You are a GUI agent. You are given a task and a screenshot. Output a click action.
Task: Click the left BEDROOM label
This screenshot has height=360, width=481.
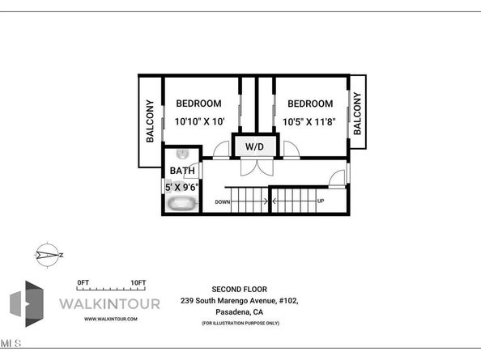pos(199,104)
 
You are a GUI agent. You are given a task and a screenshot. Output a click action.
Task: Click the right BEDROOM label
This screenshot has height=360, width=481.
pos(310,104)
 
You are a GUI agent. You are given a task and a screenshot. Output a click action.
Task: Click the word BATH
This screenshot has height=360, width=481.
pos(181,171)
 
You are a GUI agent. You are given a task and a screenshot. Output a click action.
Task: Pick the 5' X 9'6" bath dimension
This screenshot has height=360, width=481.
pos(181,187)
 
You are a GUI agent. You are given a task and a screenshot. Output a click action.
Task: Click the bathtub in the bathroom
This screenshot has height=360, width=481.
pos(182,204)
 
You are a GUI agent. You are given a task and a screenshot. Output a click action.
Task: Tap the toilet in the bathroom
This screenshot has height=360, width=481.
pos(184,154)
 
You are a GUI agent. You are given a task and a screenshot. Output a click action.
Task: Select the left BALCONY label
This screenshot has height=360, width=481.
pos(151,121)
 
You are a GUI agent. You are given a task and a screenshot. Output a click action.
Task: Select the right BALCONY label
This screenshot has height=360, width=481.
pos(357,112)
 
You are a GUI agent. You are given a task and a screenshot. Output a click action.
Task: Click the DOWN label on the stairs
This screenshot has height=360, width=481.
pos(223,201)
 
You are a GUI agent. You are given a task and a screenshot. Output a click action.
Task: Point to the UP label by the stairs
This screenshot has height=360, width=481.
pos(321,201)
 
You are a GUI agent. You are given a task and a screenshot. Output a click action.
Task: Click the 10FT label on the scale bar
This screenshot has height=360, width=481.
pos(137,282)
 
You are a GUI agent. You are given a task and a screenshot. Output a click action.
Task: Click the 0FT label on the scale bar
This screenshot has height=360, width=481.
pos(82,282)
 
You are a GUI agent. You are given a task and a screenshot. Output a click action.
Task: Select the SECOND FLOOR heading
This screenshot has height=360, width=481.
pos(239,289)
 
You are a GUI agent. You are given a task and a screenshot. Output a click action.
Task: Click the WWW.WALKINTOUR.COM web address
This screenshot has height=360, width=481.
pos(111,320)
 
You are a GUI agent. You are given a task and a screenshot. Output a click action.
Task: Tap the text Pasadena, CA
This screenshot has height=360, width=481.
pos(239,311)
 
